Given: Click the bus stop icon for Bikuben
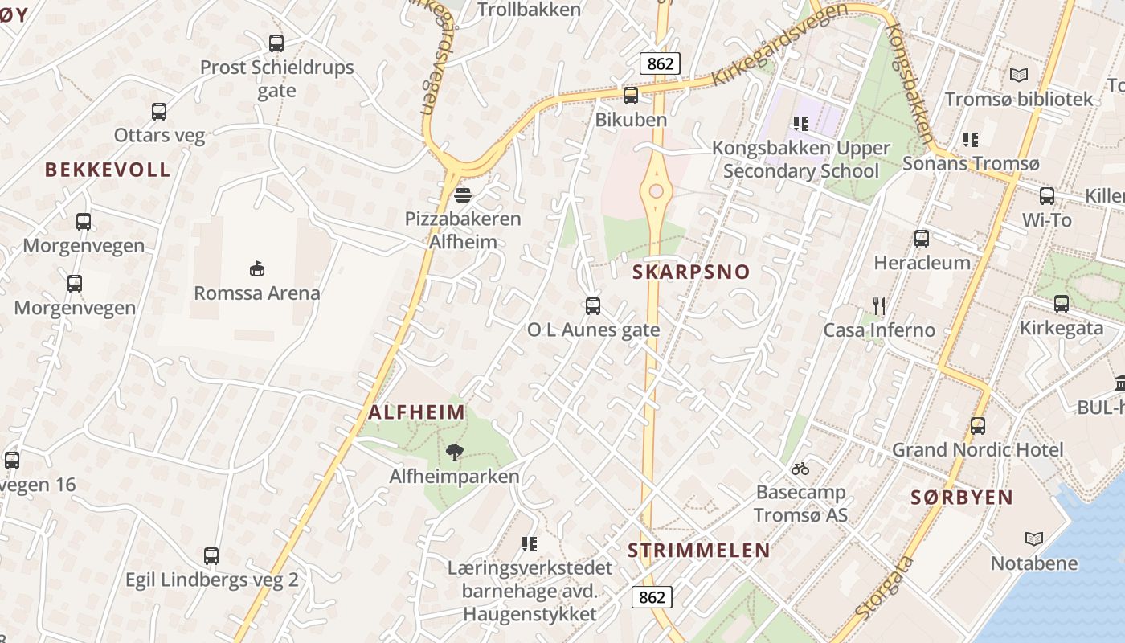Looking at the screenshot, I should (x=631, y=96).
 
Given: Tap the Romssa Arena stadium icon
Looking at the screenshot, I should (x=257, y=268).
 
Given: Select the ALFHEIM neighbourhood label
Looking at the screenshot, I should (x=417, y=412).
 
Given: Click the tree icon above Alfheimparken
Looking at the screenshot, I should (x=454, y=453).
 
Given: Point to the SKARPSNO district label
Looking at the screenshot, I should (x=691, y=272).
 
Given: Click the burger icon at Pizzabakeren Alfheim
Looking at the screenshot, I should (x=462, y=195).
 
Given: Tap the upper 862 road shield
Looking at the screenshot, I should (x=660, y=63).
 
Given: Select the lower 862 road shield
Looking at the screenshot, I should (x=652, y=596).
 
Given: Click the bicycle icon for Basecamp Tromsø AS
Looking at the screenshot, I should (x=800, y=468).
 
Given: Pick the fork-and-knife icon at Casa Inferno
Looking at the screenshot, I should (x=879, y=305).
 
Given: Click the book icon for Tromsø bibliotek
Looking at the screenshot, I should (x=1019, y=76).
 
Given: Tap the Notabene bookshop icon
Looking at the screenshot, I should (x=1033, y=539).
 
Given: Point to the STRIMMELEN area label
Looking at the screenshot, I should (x=698, y=551).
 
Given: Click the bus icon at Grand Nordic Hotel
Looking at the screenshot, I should (x=978, y=426).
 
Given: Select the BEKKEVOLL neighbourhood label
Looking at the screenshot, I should (x=108, y=170).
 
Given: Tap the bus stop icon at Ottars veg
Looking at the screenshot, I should (x=159, y=112).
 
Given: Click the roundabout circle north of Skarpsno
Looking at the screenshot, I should (x=657, y=190).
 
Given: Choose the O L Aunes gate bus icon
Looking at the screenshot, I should (x=593, y=306).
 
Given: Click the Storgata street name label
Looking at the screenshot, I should (x=885, y=588).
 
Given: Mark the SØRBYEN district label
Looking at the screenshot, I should (x=962, y=498).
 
